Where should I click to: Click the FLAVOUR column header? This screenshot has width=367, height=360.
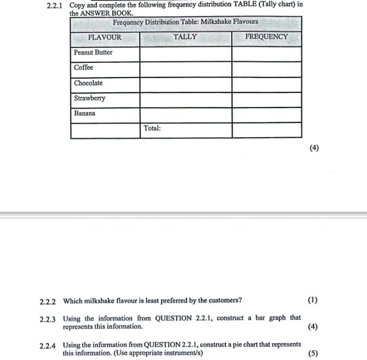pos(104,38)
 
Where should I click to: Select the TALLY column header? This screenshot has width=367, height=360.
pos(185,37)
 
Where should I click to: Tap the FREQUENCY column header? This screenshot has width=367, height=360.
pos(266,37)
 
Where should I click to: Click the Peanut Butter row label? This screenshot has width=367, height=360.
pos(93,52)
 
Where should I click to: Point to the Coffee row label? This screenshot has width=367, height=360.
pos(84,68)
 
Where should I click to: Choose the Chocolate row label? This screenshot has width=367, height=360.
pos(88,83)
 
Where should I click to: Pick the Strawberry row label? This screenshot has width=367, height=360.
pos(90,98)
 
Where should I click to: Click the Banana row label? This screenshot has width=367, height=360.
pos(85,114)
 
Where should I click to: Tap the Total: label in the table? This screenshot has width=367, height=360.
pos(152,128)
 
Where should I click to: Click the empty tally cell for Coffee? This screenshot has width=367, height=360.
pos(186,69)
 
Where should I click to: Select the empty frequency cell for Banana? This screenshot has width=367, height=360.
pos(267,115)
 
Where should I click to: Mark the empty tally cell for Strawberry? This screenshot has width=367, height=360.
pos(186,100)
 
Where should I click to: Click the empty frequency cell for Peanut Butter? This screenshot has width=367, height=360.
pos(267,54)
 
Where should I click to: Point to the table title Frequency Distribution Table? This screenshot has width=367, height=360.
pos(185,22)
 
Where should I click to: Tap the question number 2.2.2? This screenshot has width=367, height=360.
pos(48,301)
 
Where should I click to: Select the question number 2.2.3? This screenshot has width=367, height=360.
pos(48,318)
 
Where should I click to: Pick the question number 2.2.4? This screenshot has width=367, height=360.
pos(48,345)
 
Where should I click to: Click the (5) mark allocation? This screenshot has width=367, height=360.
pos(312,353)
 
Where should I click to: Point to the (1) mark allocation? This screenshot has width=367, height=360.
pos(312,300)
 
